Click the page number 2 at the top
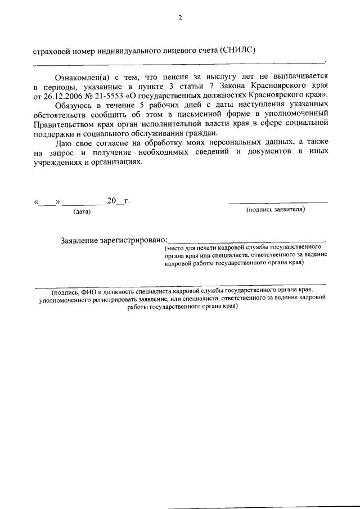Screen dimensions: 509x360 pos(180,17)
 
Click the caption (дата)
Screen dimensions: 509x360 pos(82,211)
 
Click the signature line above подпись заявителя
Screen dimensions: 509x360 pos(278,202)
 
